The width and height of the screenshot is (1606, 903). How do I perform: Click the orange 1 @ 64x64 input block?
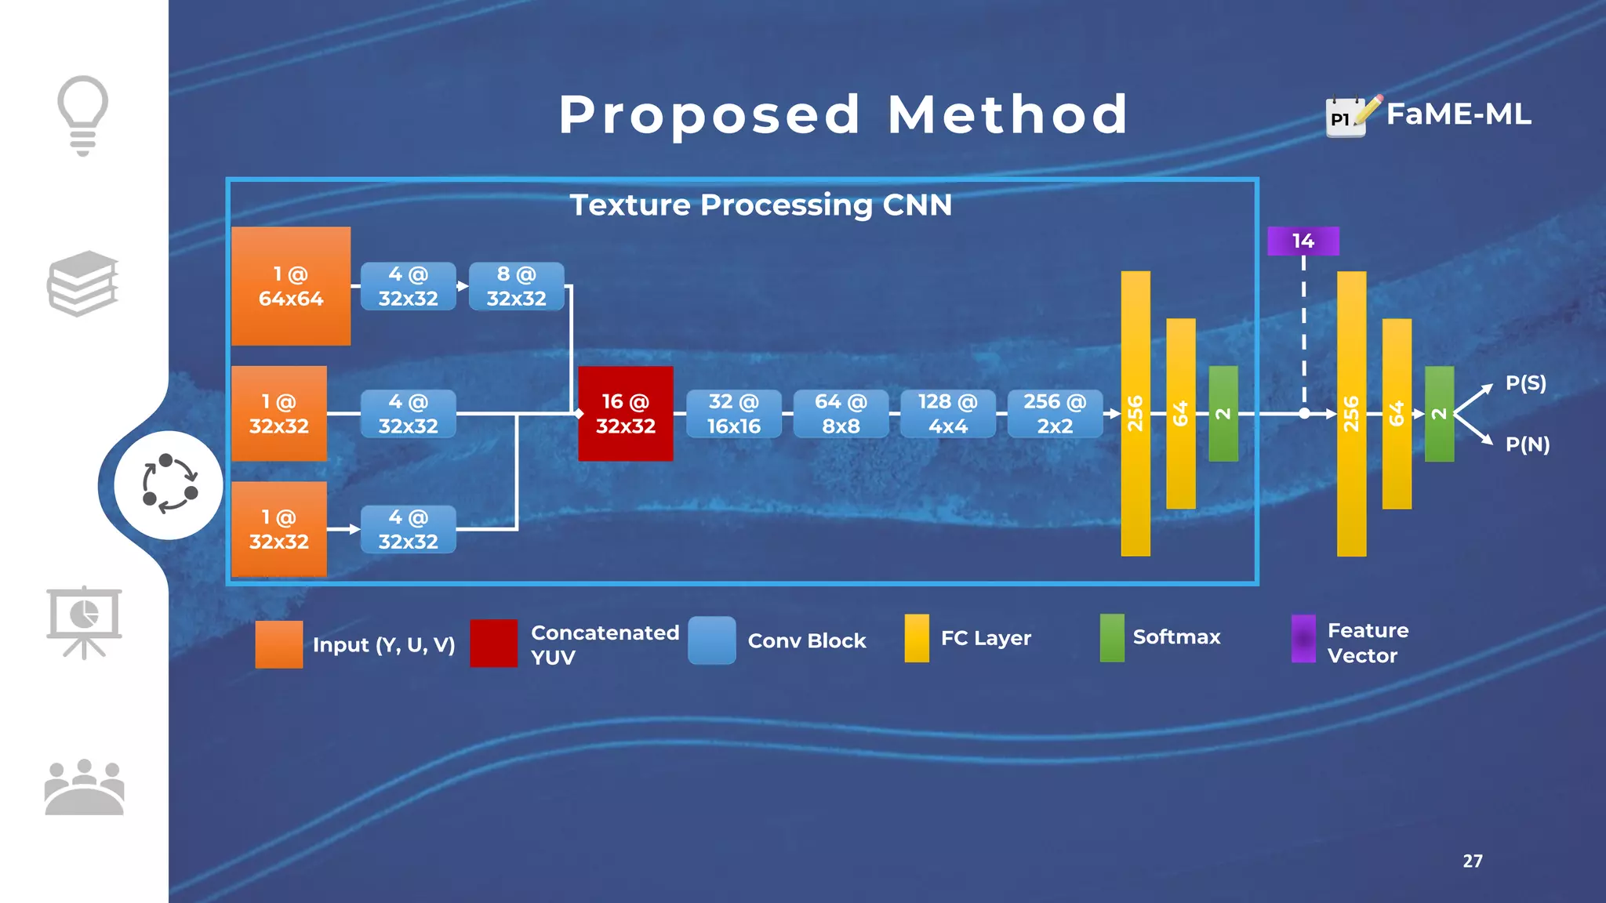(x=290, y=286)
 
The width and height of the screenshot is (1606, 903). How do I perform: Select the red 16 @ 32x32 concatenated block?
(x=625, y=413)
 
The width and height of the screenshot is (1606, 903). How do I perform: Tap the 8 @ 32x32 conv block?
(x=516, y=286)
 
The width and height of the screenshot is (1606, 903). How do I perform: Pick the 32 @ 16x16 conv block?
(x=733, y=413)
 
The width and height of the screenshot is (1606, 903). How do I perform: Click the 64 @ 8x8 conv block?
(x=841, y=413)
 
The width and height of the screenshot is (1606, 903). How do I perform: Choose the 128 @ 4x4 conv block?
(x=947, y=413)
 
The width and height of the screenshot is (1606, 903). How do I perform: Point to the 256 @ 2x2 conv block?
(x=1055, y=413)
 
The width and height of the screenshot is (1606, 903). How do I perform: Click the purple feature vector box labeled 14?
(x=1303, y=241)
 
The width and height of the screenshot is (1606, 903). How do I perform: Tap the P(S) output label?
(x=1525, y=383)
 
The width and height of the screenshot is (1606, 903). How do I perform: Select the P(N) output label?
(x=1527, y=444)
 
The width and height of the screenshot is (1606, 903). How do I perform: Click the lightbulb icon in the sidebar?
(x=82, y=114)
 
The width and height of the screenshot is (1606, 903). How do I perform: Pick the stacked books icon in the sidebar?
(x=83, y=283)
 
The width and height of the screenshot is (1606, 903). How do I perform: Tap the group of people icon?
(x=84, y=787)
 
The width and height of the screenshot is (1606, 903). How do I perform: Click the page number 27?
(x=1472, y=861)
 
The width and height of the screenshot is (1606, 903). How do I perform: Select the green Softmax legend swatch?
(x=1111, y=637)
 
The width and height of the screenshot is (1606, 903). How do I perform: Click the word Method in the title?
(x=1008, y=114)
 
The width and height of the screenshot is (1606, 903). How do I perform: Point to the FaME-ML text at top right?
(x=1458, y=114)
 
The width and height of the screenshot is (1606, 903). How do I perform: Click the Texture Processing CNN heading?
(x=760, y=205)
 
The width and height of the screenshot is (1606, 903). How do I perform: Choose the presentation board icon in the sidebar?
(x=84, y=622)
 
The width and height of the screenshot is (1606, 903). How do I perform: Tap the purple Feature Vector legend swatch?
(x=1303, y=638)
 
